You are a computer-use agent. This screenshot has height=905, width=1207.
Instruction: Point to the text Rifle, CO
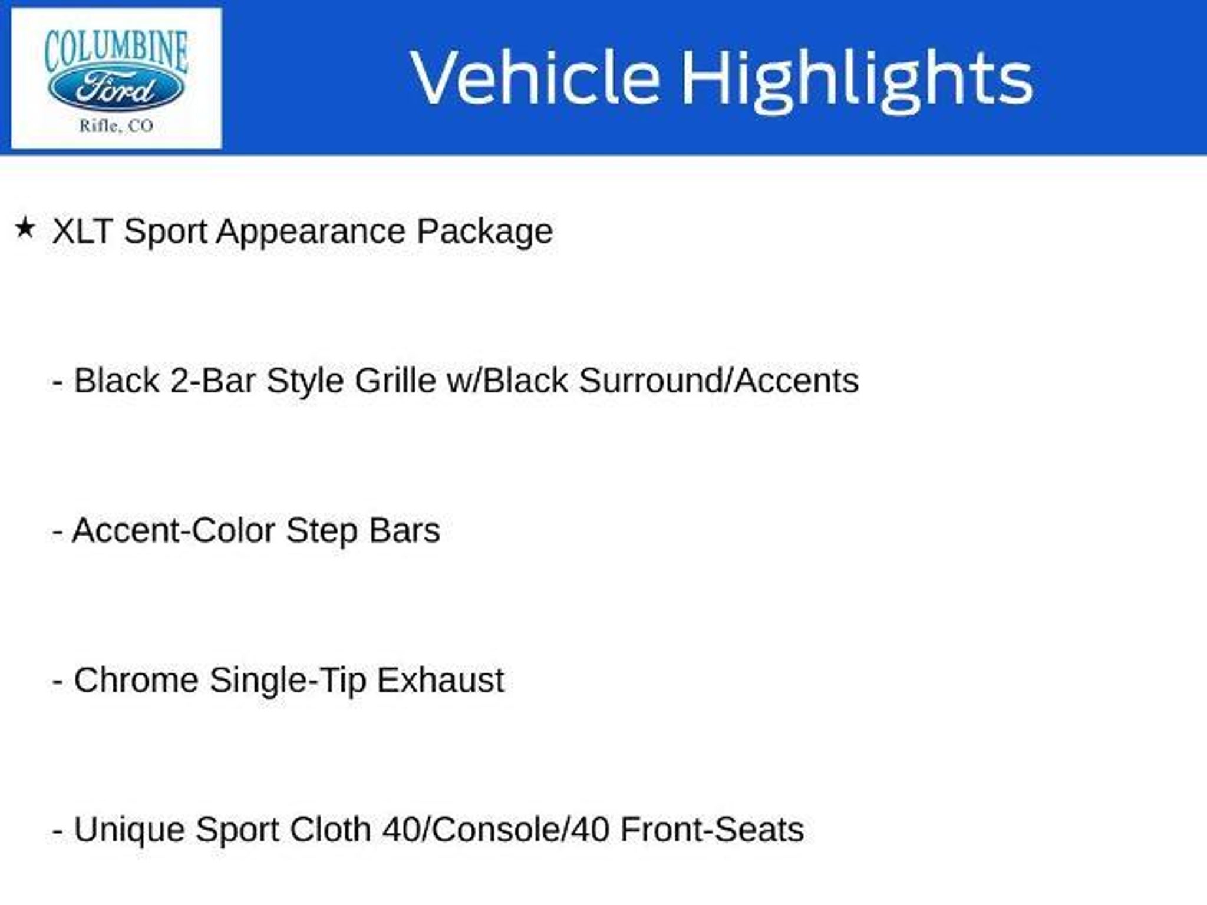click(x=116, y=125)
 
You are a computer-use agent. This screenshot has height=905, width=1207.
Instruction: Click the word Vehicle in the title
click(x=535, y=78)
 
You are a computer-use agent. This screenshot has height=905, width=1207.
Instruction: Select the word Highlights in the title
click(x=858, y=80)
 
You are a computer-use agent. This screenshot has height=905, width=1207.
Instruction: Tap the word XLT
click(x=82, y=231)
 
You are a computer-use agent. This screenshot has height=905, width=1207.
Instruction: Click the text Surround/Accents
click(x=719, y=381)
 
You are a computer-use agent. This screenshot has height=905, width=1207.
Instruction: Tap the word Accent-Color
click(x=173, y=531)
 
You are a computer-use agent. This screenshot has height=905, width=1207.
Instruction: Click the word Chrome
click(x=136, y=681)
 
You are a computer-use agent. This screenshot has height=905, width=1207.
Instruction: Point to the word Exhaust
click(x=441, y=681)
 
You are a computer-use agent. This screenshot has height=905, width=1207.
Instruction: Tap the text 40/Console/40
click(x=496, y=830)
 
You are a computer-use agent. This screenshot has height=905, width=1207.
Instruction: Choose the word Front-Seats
click(x=713, y=830)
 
